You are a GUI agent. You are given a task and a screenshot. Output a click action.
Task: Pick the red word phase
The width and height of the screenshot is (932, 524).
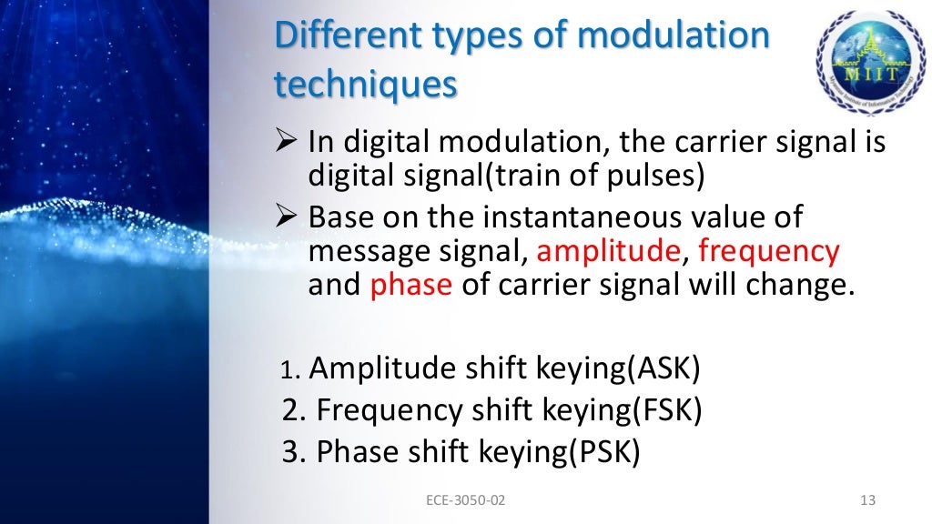(410, 285)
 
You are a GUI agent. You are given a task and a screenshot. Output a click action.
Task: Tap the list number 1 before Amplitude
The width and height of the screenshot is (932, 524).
(289, 371)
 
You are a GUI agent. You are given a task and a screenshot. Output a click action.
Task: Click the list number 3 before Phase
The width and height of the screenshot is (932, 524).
(291, 452)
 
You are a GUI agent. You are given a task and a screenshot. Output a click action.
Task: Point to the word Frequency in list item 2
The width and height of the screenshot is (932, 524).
(389, 410)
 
